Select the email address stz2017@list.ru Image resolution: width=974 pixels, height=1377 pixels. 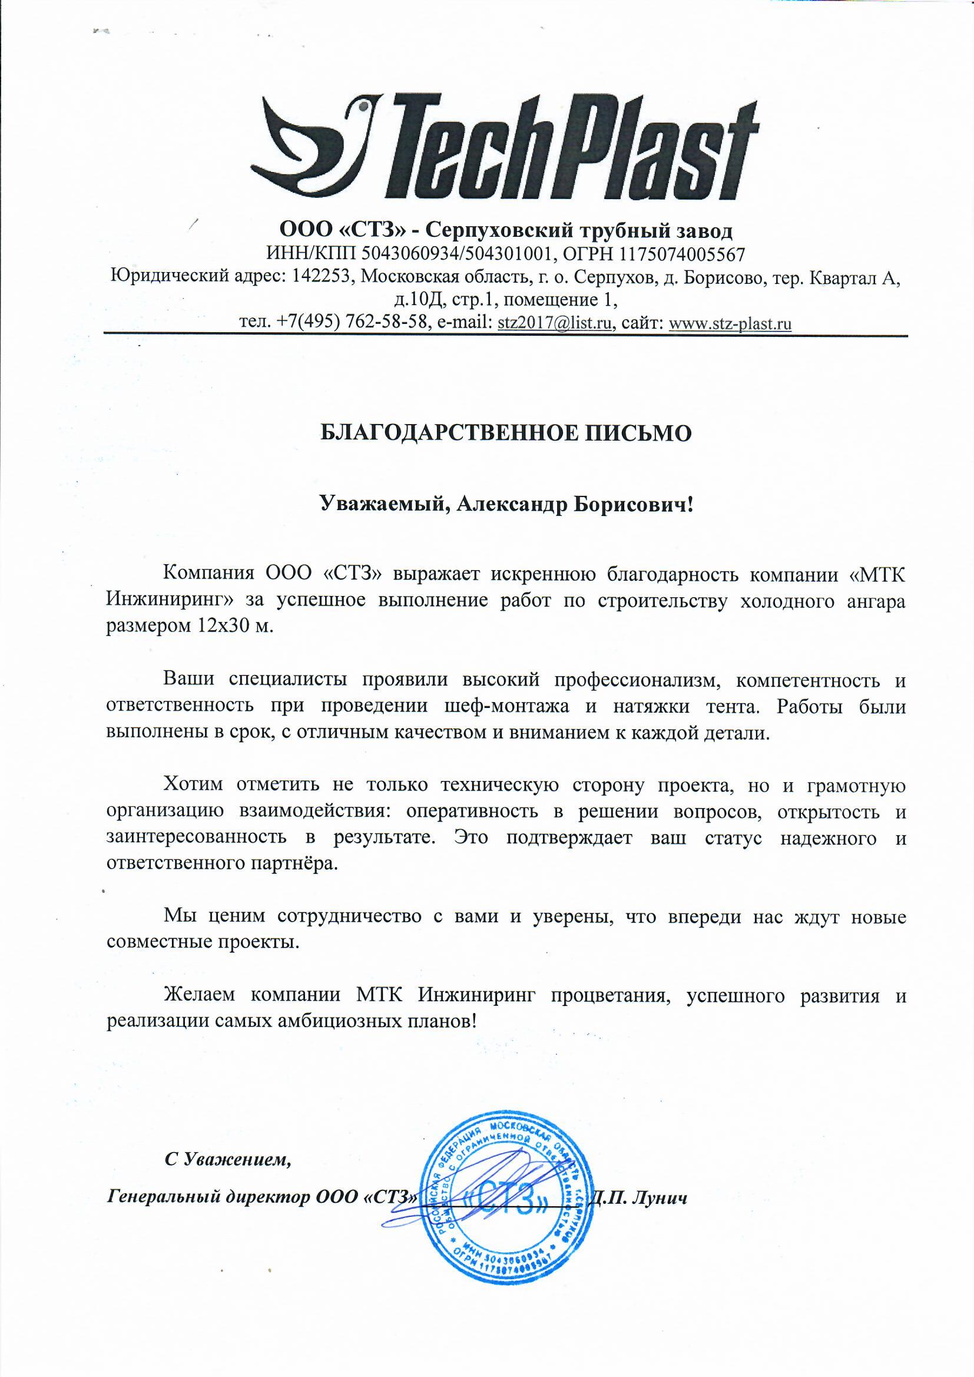pyautogui.click(x=555, y=323)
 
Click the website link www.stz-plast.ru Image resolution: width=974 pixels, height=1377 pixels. pyautogui.click(x=730, y=324)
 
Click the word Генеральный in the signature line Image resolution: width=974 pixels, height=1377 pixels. pyautogui.click(x=163, y=1198)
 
